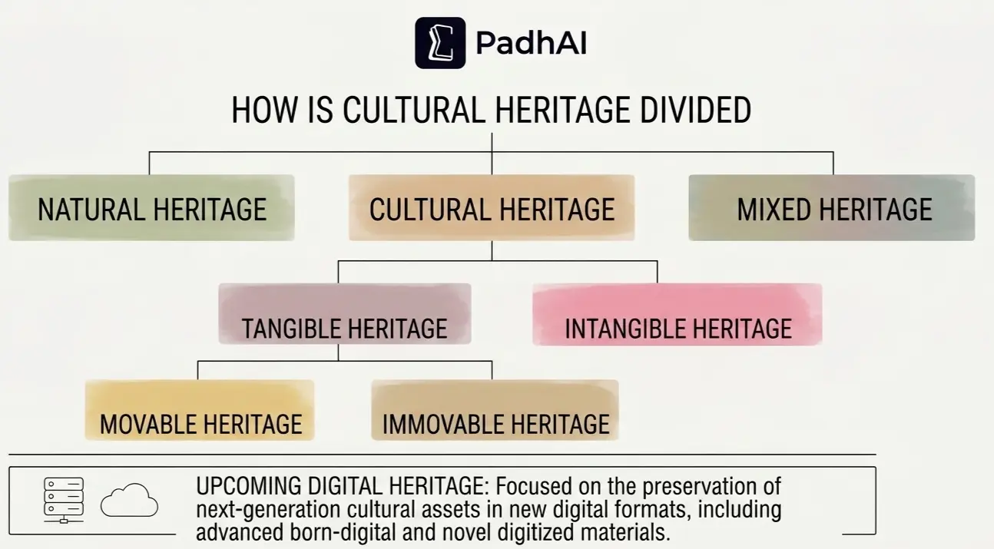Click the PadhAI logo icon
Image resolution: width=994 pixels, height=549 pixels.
coord(440,43)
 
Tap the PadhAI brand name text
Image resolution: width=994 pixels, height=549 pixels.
coord(531,44)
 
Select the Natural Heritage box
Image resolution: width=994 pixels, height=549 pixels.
coord(151,208)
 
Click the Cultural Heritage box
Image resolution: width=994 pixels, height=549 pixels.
coord(492,208)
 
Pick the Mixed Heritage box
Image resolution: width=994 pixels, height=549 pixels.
coord(832,208)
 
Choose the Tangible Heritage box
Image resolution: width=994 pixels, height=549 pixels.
coord(344,314)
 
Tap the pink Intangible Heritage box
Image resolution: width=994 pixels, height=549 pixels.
coord(677,315)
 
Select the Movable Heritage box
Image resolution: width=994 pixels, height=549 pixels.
coord(200,410)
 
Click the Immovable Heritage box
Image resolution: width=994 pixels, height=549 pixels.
coord(495,410)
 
